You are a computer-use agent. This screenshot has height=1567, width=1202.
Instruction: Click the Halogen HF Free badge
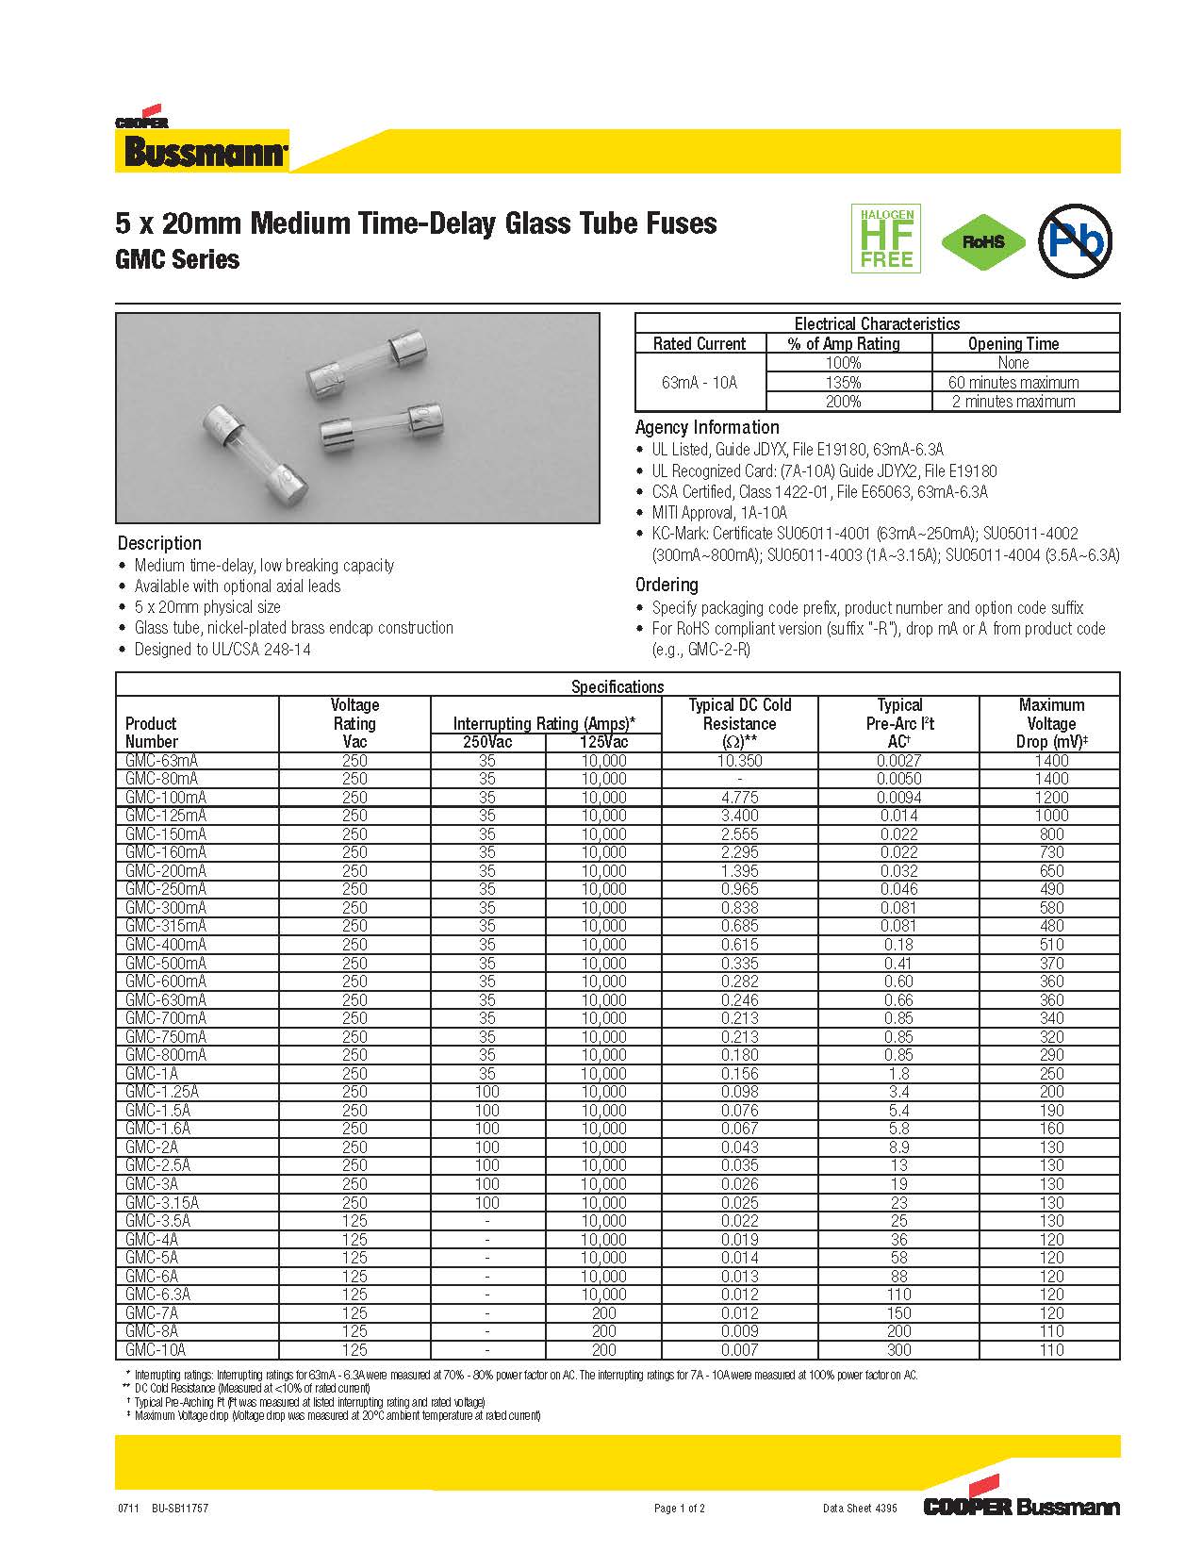(885, 239)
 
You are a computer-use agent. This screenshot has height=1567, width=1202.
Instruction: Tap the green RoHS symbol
(983, 241)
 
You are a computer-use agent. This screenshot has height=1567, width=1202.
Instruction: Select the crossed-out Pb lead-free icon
(1075, 240)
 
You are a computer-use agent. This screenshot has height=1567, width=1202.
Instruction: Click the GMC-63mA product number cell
(161, 761)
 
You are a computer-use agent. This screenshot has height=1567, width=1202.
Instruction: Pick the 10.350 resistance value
(739, 761)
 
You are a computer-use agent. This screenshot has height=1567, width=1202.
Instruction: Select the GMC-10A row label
(156, 1349)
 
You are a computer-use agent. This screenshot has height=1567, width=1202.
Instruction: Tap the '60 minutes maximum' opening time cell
(1013, 382)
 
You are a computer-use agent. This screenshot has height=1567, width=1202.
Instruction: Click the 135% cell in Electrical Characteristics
(843, 382)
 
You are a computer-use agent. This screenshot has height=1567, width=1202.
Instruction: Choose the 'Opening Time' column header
(1013, 344)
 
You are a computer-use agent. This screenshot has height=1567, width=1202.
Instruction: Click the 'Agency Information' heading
(707, 427)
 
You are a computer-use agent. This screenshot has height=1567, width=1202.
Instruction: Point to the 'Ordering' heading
(667, 585)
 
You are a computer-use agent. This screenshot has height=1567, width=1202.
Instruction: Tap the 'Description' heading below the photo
(159, 543)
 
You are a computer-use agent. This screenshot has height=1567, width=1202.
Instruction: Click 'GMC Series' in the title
(177, 260)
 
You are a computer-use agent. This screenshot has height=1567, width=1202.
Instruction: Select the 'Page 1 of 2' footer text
(679, 1509)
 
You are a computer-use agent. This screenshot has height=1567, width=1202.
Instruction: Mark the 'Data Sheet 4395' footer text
(860, 1509)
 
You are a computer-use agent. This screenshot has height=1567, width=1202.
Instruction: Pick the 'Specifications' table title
(617, 686)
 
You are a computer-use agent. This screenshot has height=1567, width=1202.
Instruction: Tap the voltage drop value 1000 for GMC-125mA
(1050, 816)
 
